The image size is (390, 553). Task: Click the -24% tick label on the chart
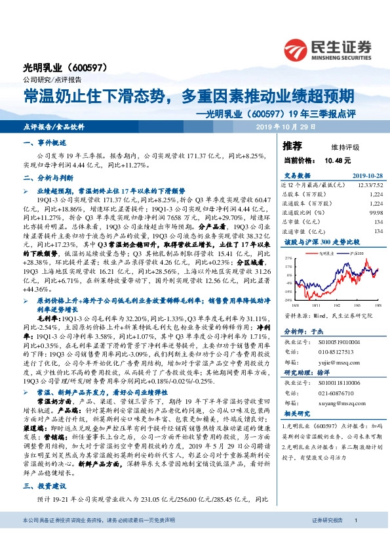(x=288, y=299)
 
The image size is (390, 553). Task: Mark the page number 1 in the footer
(x=355, y=520)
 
